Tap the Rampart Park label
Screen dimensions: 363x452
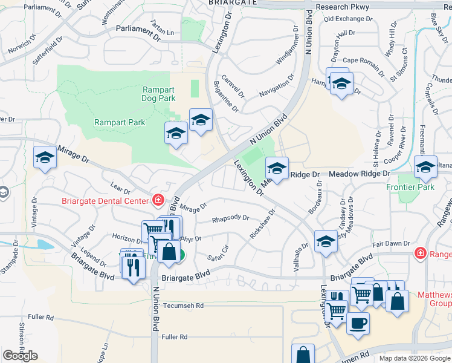[120, 122]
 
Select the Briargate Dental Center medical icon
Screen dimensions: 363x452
[158, 200]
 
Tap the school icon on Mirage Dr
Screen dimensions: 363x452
[44, 158]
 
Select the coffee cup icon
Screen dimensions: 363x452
[357, 323]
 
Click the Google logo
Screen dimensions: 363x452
[20, 356]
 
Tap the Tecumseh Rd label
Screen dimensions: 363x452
[184, 306]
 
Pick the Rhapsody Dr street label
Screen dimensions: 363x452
[230, 218]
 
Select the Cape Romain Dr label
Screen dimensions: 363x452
[364, 60]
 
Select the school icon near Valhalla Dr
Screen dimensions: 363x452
[326, 241]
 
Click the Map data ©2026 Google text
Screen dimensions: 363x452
[414, 358]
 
